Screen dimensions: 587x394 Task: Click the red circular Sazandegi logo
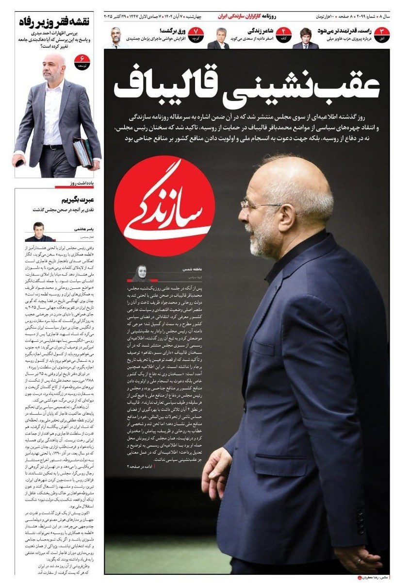tap(164, 204)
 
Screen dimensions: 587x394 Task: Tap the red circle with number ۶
tap(82, 62)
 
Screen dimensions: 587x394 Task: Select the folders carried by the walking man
tap(83, 151)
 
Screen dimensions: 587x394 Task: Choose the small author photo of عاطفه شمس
tap(139, 272)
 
